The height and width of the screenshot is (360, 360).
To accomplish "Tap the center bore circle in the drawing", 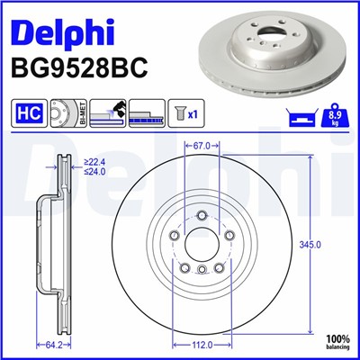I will (x=201, y=244).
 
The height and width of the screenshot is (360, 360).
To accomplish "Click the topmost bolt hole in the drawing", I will (x=201, y=213).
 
